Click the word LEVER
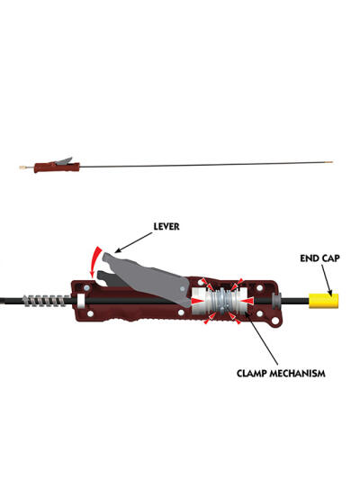click(x=166, y=227)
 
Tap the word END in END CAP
click(x=309, y=258)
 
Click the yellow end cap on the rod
click(x=324, y=301)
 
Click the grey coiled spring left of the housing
click(x=47, y=301)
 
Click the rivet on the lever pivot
click(x=183, y=288)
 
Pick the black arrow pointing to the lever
click(x=133, y=242)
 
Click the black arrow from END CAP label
click(x=327, y=280)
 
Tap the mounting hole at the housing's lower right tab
click(x=275, y=321)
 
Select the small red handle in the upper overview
click(x=57, y=168)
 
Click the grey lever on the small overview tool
click(x=64, y=161)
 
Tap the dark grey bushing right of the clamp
click(x=276, y=300)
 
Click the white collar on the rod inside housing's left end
click(x=81, y=301)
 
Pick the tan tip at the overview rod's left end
click(x=22, y=168)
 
